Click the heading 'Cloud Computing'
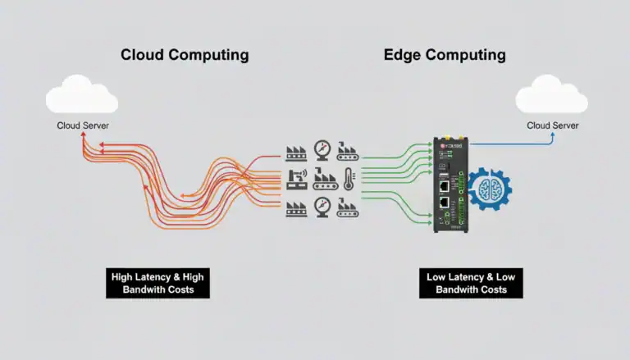pyautogui.click(x=184, y=56)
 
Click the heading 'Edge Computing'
pyautogui.click(x=445, y=56)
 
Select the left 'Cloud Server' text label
pyautogui.click(x=83, y=125)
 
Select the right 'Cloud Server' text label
pyautogui.click(x=552, y=125)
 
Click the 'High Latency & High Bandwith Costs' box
pyautogui.click(x=157, y=283)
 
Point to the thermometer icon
pyautogui.click(x=349, y=178)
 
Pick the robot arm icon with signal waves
pyautogui.click(x=296, y=178)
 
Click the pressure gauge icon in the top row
pyautogui.click(x=322, y=151)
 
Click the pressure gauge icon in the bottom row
pyautogui.click(x=322, y=206)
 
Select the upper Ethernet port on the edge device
pyautogui.click(x=443, y=180)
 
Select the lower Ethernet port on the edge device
pyautogui.click(x=443, y=202)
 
